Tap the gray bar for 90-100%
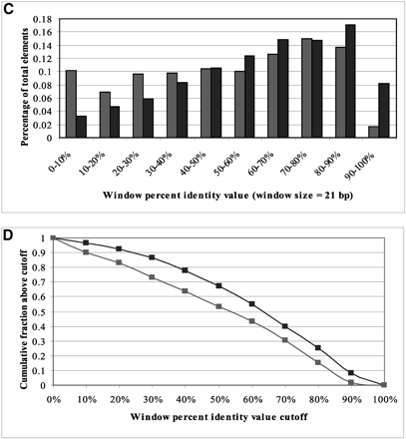point(370,133)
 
